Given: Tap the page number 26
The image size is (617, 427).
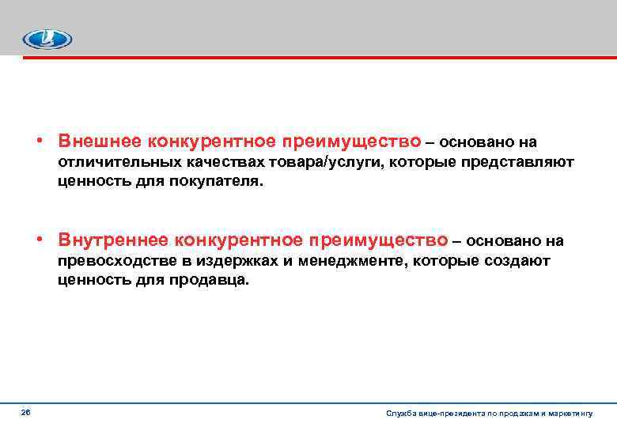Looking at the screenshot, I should [x=26, y=412].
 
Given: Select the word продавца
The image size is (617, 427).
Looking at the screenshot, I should [x=210, y=280].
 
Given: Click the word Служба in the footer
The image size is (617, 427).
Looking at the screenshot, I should [x=399, y=414].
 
